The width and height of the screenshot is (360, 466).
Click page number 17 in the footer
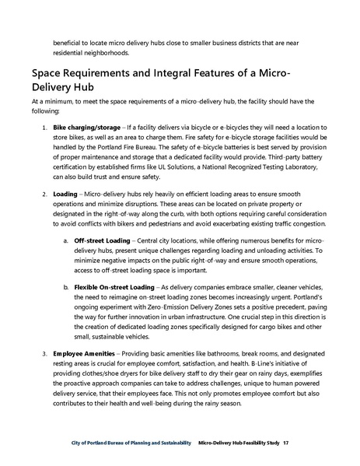286,443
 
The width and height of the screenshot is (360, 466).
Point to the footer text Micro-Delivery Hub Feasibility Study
239,443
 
